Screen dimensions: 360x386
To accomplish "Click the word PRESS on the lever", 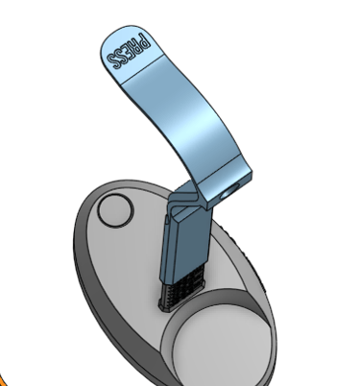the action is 129,51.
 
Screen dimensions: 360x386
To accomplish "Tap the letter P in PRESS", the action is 145,41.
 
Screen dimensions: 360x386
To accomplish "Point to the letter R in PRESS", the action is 137,46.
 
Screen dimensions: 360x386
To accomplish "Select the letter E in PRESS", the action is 130,51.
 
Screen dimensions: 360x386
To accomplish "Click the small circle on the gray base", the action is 115,211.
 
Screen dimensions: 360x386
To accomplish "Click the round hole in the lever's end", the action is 229,192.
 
